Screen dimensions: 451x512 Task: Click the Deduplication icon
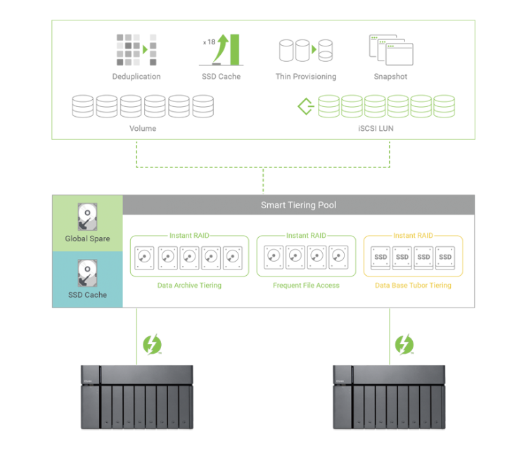coord(132,50)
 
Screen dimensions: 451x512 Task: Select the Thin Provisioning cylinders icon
coord(305,51)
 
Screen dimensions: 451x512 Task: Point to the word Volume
coord(143,129)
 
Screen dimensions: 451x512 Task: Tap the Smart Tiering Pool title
coord(298,205)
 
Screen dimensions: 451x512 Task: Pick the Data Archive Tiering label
coord(189,285)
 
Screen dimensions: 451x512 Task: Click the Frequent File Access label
coord(306,285)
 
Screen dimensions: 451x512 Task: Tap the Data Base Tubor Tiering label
coord(413,285)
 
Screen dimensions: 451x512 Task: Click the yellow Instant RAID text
coord(413,236)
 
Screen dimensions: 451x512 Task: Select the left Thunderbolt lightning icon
coord(151,344)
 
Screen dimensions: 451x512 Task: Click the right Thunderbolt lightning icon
coord(404,344)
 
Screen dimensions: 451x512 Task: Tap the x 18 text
coord(209,42)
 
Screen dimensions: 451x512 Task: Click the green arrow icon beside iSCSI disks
coord(305,106)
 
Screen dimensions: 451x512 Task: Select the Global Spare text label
coord(87,239)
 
